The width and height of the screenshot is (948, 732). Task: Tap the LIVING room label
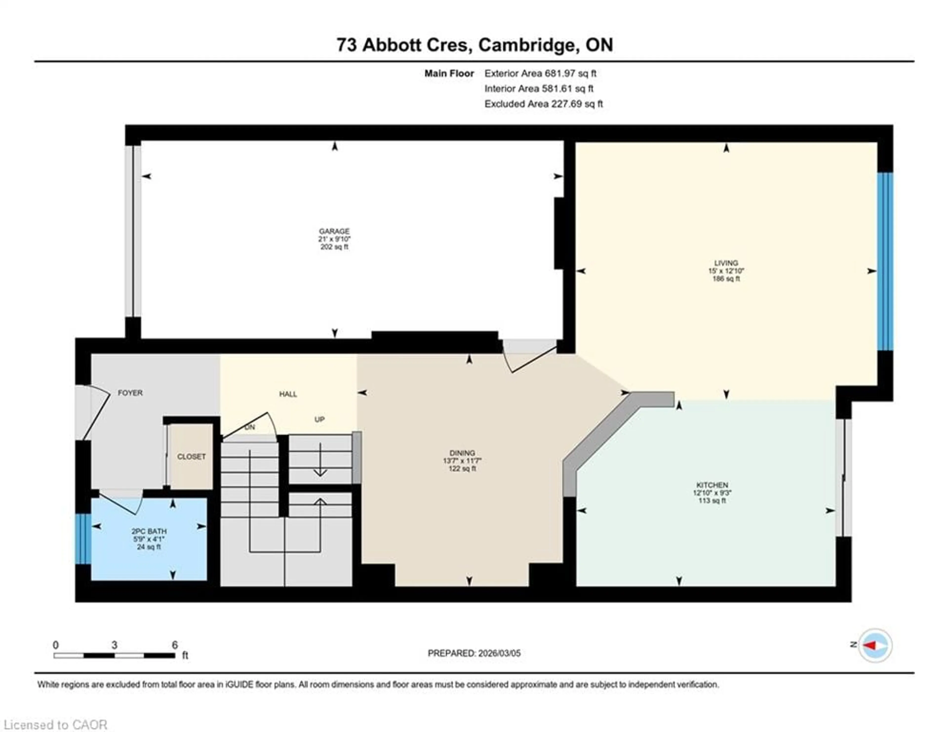(726, 263)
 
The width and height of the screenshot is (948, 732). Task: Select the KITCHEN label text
(712, 485)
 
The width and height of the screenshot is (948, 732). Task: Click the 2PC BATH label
(149, 531)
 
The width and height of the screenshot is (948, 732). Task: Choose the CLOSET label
(191, 457)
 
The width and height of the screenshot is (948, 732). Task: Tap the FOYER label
(130, 393)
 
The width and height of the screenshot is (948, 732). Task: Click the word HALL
(288, 394)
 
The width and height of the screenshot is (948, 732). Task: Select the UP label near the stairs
(319, 419)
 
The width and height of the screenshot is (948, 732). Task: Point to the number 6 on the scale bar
(175, 645)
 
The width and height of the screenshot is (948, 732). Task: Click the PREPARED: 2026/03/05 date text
(474, 653)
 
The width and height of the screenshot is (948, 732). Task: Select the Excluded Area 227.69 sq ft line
(543, 104)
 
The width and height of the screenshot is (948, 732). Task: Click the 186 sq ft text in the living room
(726, 279)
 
